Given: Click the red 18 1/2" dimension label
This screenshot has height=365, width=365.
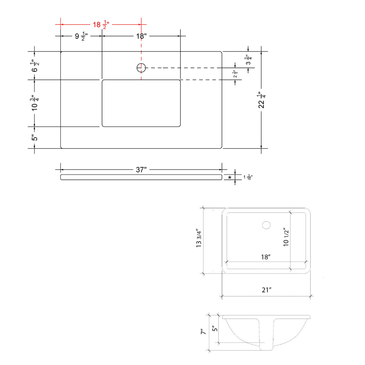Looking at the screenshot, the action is coord(101,25).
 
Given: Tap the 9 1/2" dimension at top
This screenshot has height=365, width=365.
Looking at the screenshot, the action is coord(81,36).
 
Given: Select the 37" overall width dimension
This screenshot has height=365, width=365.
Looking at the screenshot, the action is coord(141,170).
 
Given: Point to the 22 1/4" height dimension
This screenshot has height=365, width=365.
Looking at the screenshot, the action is coord(262,100).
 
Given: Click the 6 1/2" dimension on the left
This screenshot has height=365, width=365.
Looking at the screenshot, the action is coord(35,66).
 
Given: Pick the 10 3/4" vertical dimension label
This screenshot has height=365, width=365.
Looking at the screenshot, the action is coord(35,103).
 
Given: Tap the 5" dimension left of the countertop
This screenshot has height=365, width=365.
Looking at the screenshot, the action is coord(34,138).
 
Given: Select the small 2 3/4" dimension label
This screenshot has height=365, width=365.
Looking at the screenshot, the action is coord(235,74).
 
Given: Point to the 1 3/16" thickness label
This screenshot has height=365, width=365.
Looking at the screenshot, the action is coord(248,177).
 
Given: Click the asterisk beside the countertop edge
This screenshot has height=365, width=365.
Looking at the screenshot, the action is coord(230,178).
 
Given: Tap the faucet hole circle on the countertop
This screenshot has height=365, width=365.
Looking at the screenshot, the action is coord(141,68).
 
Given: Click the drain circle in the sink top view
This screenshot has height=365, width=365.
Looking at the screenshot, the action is coord(266,225).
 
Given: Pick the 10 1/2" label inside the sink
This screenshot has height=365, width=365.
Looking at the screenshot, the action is coord(286,237).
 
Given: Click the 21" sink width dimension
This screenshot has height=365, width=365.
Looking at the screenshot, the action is coord(267,290).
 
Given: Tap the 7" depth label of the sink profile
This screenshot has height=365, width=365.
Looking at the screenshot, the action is coord(203,332).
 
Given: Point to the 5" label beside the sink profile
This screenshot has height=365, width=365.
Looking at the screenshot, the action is coord(215,328).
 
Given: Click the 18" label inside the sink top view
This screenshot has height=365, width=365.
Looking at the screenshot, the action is coord(266,257).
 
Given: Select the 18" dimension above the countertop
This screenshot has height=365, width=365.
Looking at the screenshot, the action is coord(141,36).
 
